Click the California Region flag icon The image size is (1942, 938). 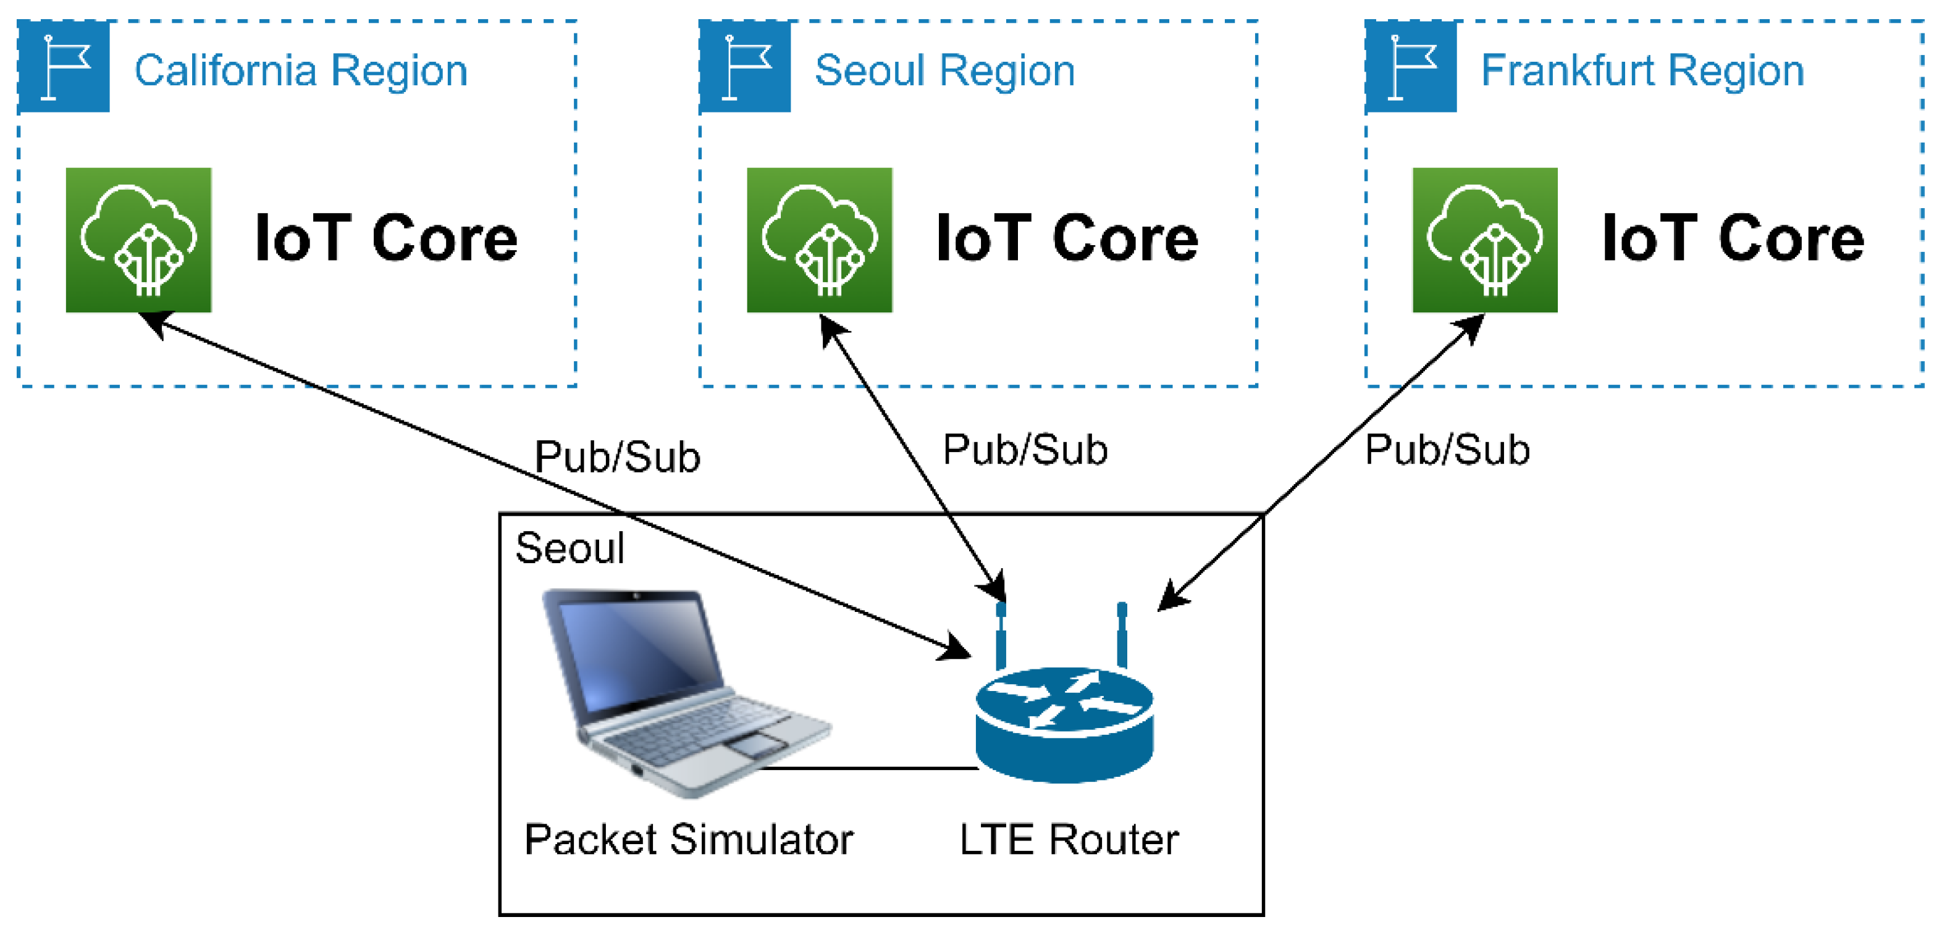pos(64,66)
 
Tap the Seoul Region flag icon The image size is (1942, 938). pos(745,66)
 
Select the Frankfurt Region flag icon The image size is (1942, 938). pos(1411,66)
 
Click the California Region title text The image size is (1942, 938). pos(301,71)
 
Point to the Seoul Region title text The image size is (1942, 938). pos(944,71)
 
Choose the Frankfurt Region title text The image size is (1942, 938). pos(1642,71)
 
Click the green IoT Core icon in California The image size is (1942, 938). pos(139,240)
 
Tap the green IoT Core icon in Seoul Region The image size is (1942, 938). pos(820,240)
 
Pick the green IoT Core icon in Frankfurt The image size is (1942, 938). pos(1484,240)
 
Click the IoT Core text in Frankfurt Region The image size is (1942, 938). pos(1733,238)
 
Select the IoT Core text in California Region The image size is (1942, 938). pos(386,238)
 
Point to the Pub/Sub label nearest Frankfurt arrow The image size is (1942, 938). pos(1447,449)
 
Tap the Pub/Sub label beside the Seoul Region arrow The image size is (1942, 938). pos(1025,449)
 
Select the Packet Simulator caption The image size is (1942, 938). pos(688,839)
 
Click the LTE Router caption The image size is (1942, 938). pos(1068,839)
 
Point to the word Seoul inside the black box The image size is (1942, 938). pos(570,548)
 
